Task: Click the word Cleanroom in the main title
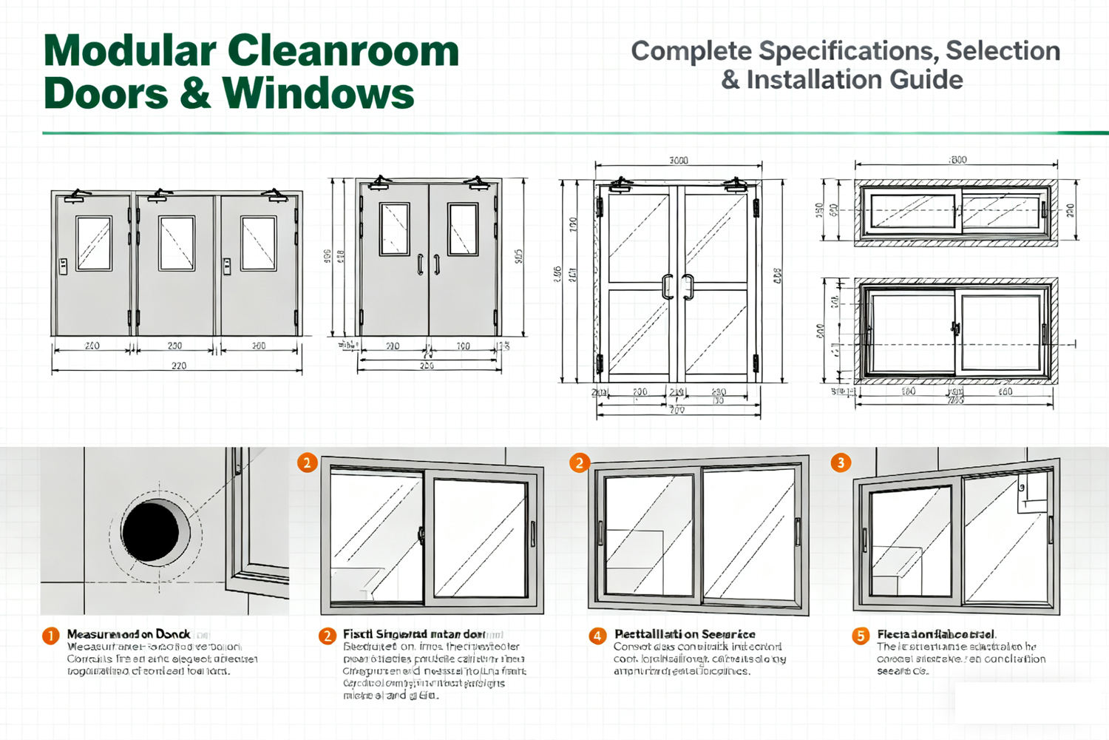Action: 343,51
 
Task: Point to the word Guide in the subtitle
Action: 927,80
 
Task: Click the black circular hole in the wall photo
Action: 151,531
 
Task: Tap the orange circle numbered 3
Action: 840,462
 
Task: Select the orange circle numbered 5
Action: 860,636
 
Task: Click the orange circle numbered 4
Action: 597,636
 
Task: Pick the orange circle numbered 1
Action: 50,636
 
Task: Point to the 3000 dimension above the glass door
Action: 678,161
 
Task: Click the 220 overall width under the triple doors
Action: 178,366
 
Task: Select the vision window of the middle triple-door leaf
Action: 177,243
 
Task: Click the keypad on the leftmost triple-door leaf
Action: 64,266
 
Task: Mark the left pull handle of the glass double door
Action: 668,286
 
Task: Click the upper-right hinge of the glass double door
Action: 756,207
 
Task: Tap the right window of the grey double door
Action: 463,229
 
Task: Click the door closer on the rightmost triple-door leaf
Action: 276,195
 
